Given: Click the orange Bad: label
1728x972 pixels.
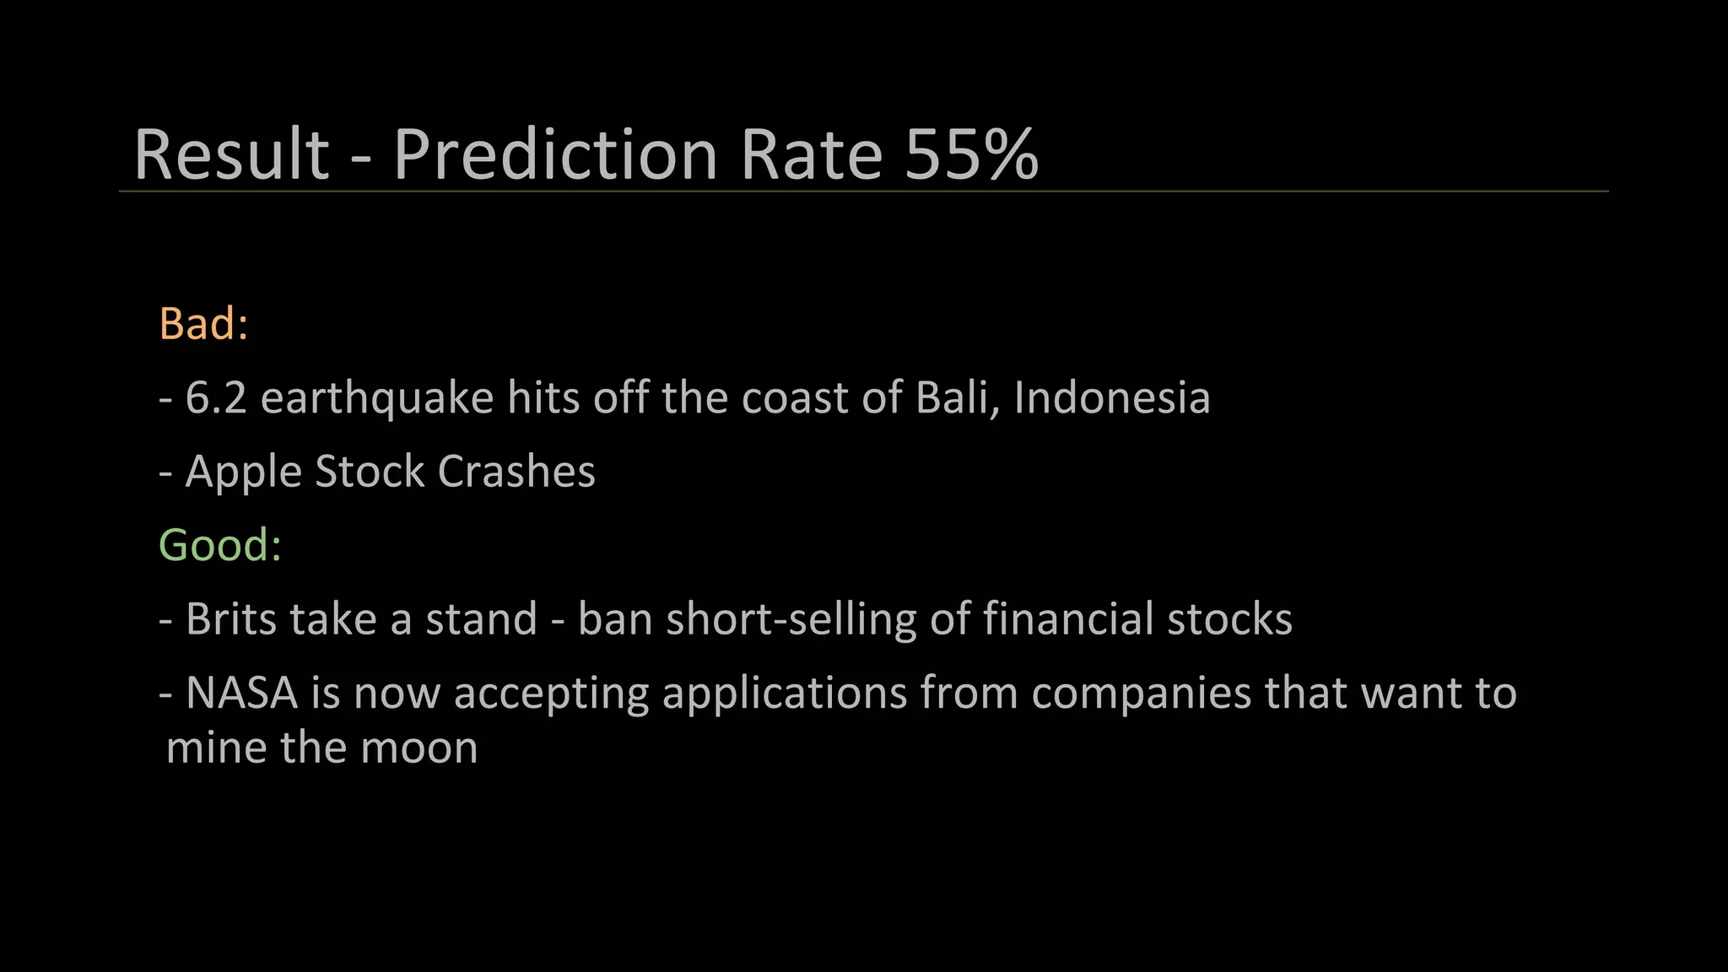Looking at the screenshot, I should click(x=203, y=323).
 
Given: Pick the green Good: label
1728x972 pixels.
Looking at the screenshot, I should click(x=219, y=545).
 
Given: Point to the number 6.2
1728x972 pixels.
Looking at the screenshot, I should click(x=215, y=397).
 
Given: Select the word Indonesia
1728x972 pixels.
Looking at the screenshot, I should click(x=1112, y=397).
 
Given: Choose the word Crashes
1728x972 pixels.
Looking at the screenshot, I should click(x=516, y=472).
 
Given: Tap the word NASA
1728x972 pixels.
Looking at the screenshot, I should click(x=241, y=693).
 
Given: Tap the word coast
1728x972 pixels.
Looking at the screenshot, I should click(x=794, y=397).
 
